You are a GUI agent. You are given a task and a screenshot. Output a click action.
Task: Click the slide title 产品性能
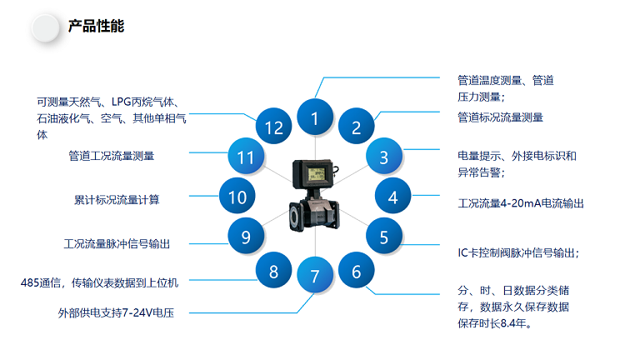[96, 26]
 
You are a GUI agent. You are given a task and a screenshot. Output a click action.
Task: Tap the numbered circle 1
[315, 118]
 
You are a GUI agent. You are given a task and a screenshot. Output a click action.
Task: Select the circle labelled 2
[356, 127]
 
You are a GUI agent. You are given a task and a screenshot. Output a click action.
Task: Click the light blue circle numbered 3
[383, 157]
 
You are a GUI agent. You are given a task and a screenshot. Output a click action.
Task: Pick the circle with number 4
[392, 197]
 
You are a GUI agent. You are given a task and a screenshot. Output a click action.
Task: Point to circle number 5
[383, 237]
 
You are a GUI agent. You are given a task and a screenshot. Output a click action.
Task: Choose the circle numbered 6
[356, 271]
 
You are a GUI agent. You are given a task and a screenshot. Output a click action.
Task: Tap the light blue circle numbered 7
[315, 276]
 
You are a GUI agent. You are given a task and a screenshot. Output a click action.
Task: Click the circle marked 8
[273, 271]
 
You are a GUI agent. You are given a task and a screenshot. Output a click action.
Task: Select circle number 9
[246, 237]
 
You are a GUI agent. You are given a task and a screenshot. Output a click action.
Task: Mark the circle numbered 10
[237, 197]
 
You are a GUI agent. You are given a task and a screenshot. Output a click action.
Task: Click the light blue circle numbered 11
[246, 157]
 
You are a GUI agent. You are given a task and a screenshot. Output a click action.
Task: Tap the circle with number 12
[274, 127]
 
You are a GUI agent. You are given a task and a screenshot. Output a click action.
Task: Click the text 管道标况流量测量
[500, 117]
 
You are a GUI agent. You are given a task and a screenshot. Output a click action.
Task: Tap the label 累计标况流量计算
[117, 199]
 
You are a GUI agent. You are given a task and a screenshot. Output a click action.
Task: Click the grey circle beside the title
[45, 27]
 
